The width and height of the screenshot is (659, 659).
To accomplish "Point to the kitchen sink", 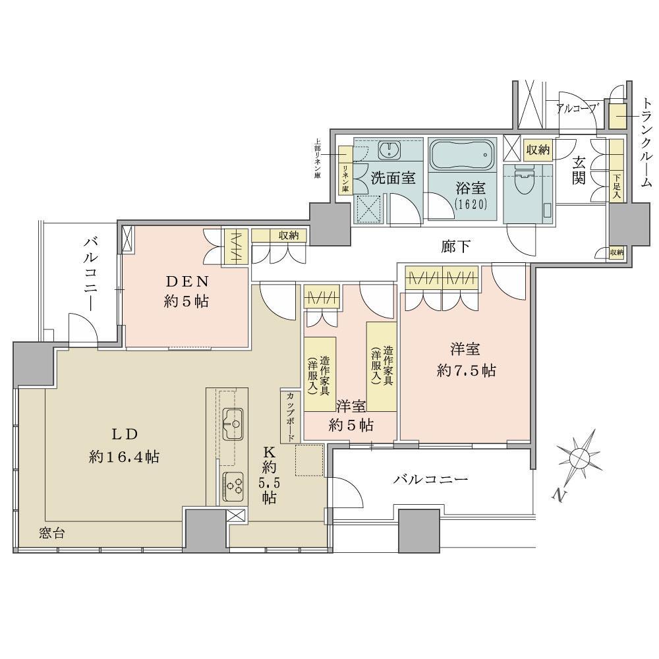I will point(232,424).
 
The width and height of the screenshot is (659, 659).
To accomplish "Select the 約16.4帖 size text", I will point(124,457).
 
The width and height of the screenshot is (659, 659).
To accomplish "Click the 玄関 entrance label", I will point(579,169).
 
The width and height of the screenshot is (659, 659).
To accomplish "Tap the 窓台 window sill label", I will point(51,533).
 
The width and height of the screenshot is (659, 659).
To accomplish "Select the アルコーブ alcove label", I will point(577,107).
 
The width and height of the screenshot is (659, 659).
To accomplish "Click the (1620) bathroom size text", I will point(470,204).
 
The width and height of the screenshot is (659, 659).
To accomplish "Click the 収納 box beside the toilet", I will point(538,150).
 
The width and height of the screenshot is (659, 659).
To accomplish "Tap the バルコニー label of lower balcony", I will point(430,479).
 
